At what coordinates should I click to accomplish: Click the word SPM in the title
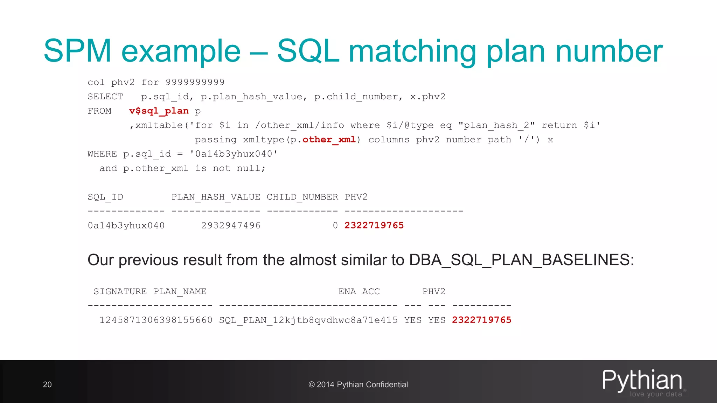tap(77, 51)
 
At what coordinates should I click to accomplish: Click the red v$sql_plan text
tap(159, 111)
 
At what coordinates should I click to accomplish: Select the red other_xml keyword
tap(329, 140)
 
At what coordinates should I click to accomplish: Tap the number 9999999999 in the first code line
tap(195, 82)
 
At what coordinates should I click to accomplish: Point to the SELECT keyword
tap(105, 97)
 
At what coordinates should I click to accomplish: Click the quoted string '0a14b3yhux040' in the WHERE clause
tap(234, 154)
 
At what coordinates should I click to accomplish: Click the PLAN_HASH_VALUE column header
tap(216, 197)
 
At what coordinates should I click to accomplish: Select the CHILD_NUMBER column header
tap(302, 197)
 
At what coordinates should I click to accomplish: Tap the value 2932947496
tap(231, 226)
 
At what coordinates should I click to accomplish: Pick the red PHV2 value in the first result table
tap(374, 225)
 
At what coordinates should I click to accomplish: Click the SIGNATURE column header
tap(120, 291)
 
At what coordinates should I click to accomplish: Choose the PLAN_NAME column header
tap(180, 291)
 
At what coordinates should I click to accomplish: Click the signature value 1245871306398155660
tap(156, 320)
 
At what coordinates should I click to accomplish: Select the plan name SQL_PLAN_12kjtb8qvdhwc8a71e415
tap(308, 320)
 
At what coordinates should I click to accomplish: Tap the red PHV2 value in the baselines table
tap(481, 320)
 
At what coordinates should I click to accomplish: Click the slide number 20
tap(47, 384)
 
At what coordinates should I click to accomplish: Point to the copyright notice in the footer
tap(358, 384)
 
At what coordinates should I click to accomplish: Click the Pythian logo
tap(643, 382)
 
